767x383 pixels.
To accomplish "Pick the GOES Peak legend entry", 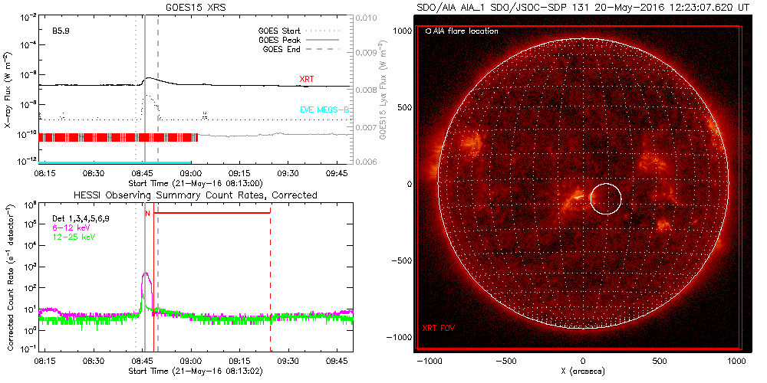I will pyautogui.click(x=281, y=40).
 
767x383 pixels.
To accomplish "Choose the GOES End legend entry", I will pyautogui.click(x=281, y=49).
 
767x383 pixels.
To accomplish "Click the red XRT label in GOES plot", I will pyautogui.click(x=307, y=79).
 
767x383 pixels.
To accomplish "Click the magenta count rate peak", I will pyautogui.click(x=146, y=274).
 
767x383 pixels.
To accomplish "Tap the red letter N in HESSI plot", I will pyautogui.click(x=147, y=214).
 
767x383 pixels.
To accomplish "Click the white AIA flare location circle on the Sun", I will pyautogui.click(x=606, y=198).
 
